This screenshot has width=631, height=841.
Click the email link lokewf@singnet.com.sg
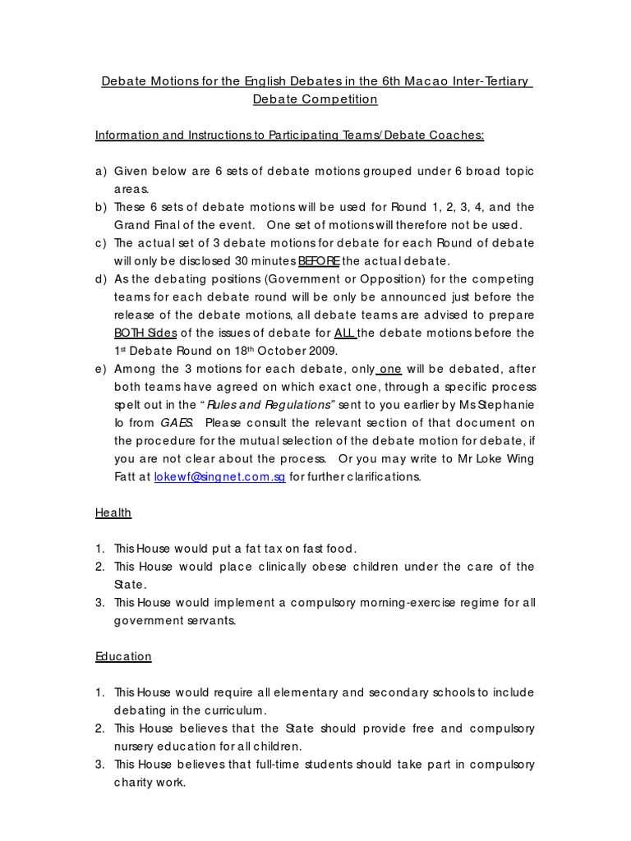click(x=219, y=477)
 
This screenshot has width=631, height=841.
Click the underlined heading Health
click(x=113, y=512)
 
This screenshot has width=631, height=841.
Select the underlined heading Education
click(x=123, y=656)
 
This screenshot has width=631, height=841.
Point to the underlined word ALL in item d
click(x=346, y=333)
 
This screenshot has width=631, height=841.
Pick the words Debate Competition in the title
click(x=315, y=99)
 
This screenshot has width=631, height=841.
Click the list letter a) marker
click(x=101, y=171)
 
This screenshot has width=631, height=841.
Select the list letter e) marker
click(x=101, y=370)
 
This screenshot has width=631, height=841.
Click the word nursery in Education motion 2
click(x=138, y=747)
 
